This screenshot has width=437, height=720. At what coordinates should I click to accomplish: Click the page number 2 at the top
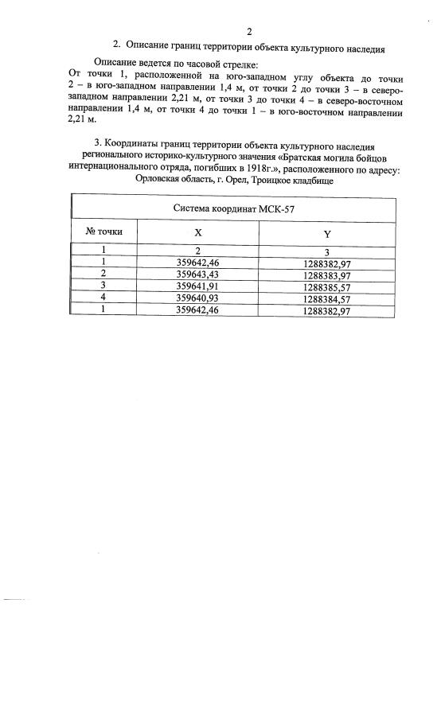[249, 33]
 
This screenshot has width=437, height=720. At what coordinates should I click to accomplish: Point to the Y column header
[327, 233]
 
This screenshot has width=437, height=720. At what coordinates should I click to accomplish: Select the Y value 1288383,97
[327, 274]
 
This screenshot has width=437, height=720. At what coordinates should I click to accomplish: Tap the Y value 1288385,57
[327, 286]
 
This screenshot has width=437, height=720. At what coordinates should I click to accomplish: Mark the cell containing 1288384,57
[327, 298]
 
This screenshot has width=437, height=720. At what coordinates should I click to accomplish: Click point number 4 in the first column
[103, 298]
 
